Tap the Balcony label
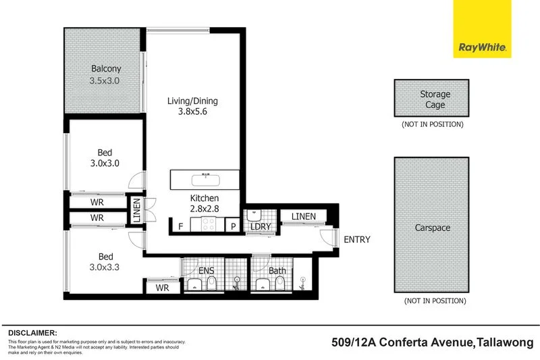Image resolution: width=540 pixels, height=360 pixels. (107, 69)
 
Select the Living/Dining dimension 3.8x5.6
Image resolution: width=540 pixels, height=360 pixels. (192, 113)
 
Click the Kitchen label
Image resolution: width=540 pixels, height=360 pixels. (205, 198)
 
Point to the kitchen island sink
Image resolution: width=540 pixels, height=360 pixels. (202, 180)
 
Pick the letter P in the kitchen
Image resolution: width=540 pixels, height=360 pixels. (234, 227)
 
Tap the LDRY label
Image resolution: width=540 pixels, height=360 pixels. (261, 227)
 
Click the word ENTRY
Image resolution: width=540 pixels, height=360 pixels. (356, 240)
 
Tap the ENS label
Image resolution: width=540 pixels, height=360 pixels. (206, 272)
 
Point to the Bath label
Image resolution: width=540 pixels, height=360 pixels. (277, 272)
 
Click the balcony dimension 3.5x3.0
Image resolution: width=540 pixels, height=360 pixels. (107, 81)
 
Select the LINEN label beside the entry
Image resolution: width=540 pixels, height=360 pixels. (304, 216)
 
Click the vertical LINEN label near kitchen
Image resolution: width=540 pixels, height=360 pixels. (136, 211)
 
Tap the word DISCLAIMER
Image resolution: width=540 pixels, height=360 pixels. (33, 333)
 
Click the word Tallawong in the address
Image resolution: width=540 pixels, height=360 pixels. (506, 342)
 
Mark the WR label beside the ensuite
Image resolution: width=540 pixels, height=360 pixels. (162, 288)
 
